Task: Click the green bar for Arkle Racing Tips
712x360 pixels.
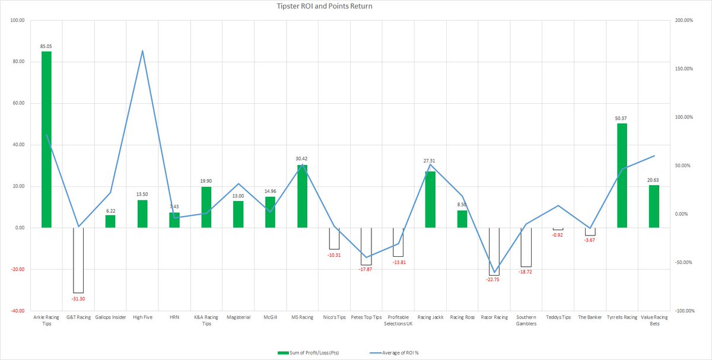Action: tap(46, 139)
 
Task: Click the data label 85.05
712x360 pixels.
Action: tap(46, 46)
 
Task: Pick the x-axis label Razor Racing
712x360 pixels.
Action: tap(494, 318)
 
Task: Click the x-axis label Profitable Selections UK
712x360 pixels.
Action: tap(398, 320)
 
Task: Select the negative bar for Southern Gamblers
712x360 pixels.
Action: tap(526, 247)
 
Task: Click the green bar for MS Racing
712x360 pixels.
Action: tap(302, 196)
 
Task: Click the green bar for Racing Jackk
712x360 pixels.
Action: tap(430, 199)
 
